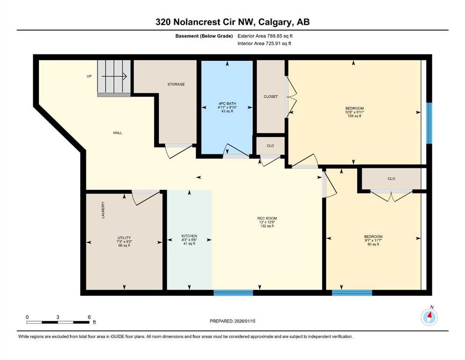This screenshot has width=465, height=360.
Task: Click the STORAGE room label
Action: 176,84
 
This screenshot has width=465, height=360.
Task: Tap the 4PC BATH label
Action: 228,103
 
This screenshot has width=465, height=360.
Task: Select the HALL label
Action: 118,133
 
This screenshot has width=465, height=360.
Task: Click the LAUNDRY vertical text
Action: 103,210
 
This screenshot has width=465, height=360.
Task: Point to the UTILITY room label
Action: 124,238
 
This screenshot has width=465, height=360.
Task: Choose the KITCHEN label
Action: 189,236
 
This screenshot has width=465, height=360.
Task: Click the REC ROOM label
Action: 267,218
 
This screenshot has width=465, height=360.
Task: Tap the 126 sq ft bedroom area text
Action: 354,116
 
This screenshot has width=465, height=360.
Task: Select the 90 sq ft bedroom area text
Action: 373,245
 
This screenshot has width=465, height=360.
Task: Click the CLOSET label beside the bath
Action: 271,97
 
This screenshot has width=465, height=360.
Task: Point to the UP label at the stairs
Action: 89,76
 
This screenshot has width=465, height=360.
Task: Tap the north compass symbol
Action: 429,317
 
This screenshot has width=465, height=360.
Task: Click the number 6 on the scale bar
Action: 89,317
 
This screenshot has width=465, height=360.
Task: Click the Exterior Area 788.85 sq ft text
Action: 267,36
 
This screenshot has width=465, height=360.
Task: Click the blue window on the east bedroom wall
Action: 429,123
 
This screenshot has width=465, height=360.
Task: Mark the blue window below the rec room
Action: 233,293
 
